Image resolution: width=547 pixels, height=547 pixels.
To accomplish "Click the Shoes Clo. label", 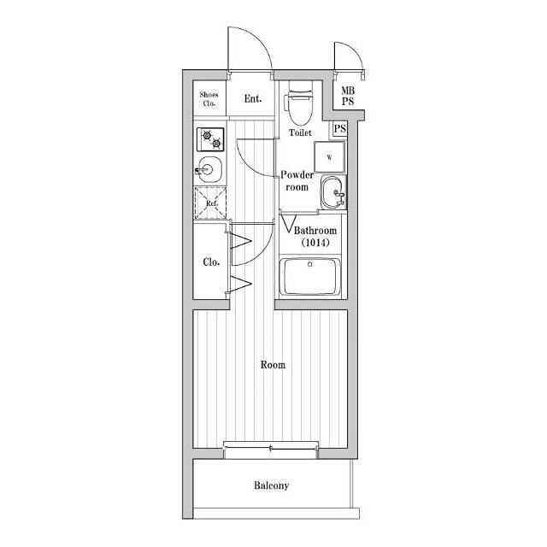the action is click(209, 99).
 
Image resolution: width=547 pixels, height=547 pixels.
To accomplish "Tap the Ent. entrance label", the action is click(253, 99).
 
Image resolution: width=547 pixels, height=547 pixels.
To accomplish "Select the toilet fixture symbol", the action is click(300, 103).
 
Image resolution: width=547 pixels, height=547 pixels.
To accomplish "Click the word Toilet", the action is click(300, 132).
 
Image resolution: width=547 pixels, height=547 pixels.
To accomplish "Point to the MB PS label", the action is click(348, 96).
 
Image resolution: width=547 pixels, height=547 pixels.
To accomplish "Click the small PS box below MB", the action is click(340, 129).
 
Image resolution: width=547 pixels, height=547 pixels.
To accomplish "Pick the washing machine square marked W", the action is click(329, 157).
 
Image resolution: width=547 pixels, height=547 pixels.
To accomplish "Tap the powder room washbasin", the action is click(333, 192).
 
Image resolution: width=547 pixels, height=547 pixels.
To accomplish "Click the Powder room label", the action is click(297, 180).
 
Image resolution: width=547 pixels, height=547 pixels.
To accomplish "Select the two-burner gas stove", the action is click(210, 139).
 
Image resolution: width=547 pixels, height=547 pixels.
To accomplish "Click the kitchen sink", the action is click(209, 170).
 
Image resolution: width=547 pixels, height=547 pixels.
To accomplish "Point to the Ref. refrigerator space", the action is click(211, 203).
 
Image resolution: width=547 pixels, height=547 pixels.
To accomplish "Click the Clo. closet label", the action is click(211, 262).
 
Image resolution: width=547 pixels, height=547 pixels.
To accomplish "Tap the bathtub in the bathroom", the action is click(310, 277).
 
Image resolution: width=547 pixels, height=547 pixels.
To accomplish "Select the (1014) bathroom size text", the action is click(315, 242).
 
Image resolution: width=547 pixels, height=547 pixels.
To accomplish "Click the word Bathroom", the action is click(315, 230).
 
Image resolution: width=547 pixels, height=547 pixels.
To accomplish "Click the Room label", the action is click(273, 365).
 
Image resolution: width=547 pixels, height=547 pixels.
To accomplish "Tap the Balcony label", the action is click(272, 485).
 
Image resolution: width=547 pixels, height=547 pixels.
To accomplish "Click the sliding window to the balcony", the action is click(271, 448).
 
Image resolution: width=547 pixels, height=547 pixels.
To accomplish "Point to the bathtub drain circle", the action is click(309, 264).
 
